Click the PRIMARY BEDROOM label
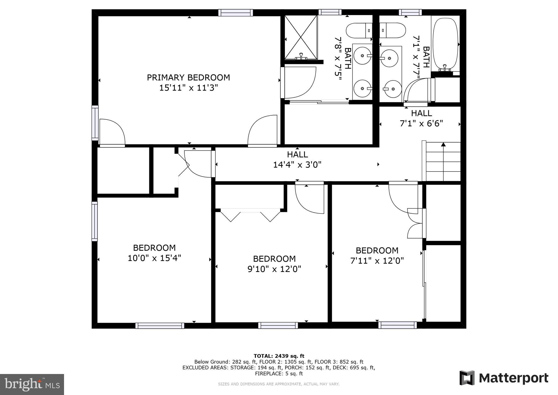(x=188, y=78)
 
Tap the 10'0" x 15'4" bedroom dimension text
(x=154, y=258)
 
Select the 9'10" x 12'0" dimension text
(x=274, y=269)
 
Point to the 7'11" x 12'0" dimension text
(x=377, y=261)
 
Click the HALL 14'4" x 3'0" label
(x=297, y=160)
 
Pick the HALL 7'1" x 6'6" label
(x=421, y=118)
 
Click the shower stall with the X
(x=301, y=37)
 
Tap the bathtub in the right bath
(x=445, y=44)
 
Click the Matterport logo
(x=504, y=378)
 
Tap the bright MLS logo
(x=32, y=384)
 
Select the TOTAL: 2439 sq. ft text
(x=279, y=356)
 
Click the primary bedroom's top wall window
(x=235, y=13)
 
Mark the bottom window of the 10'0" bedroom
(x=160, y=325)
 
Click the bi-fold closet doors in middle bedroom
(x=250, y=215)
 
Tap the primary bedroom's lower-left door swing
(x=112, y=133)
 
